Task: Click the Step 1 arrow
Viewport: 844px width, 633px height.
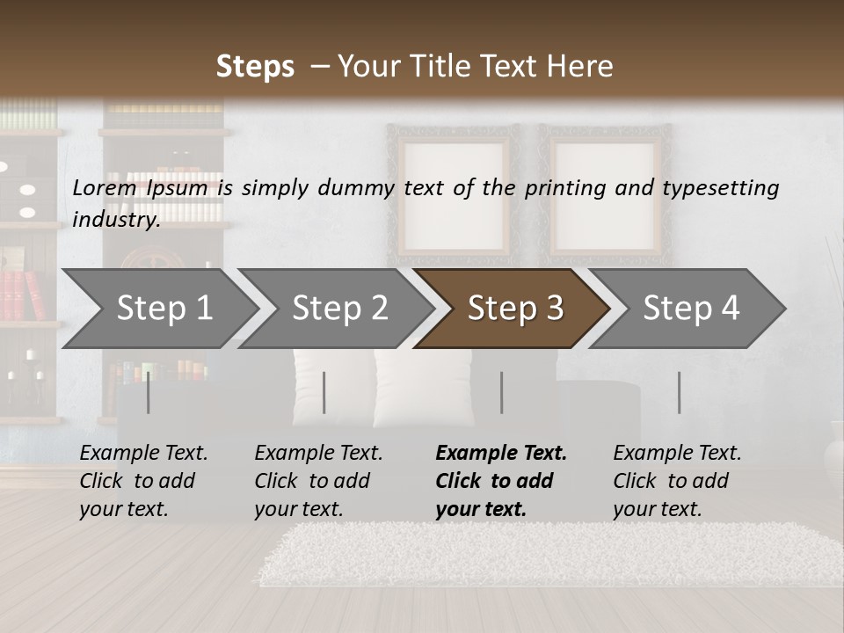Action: point(164,309)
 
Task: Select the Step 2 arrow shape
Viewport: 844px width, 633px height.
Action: point(339,309)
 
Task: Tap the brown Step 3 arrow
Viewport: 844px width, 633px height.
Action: point(514,309)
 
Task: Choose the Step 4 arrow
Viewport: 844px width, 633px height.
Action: point(691,309)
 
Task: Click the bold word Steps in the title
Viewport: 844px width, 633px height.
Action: point(255,67)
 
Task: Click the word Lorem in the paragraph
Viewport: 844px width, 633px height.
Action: point(105,187)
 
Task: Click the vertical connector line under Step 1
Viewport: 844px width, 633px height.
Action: point(149,392)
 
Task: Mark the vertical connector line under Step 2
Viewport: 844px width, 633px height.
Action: point(324,392)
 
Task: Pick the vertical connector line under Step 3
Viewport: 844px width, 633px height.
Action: point(502,392)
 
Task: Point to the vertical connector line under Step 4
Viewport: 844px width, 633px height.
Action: point(680,392)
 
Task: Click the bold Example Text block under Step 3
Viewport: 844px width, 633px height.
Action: point(501,481)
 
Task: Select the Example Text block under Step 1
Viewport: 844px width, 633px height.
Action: point(143,481)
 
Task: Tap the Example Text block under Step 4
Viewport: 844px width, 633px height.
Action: point(677,481)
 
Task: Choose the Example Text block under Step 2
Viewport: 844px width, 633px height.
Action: point(318,481)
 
